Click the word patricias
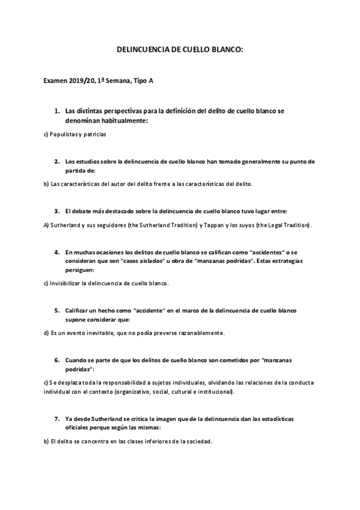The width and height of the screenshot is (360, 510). click(x=94, y=134)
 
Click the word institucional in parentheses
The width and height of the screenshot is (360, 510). click(x=215, y=392)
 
